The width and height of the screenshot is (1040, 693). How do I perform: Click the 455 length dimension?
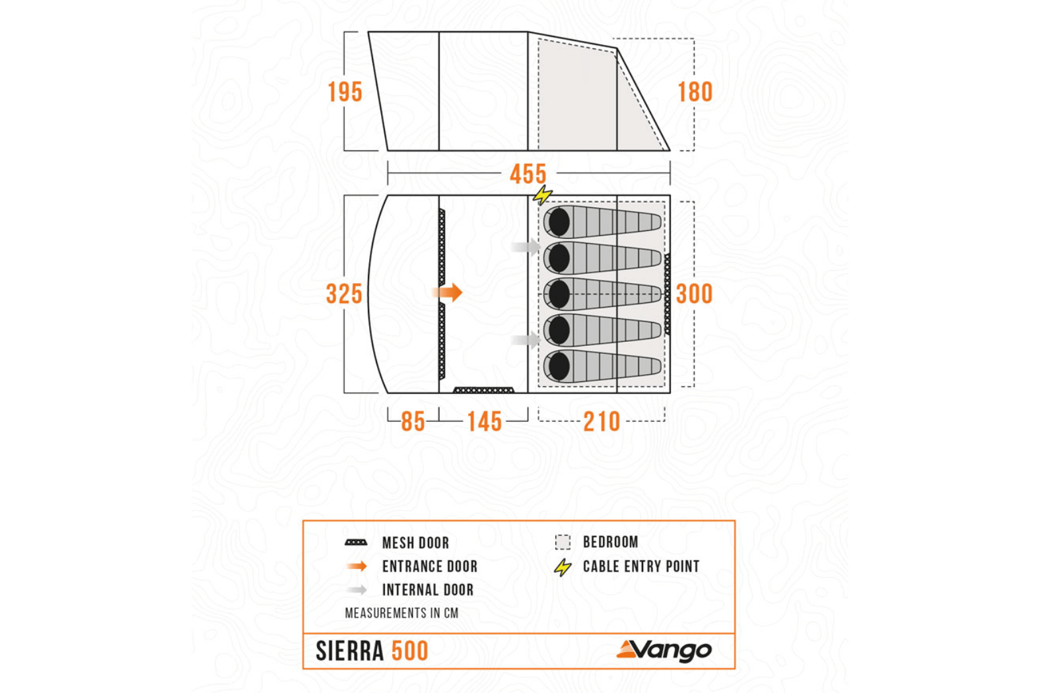click(528, 174)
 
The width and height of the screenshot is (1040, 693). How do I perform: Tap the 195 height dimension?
click(345, 92)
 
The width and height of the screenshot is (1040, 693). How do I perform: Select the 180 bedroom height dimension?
click(695, 92)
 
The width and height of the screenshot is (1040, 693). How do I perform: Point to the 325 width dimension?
click(344, 294)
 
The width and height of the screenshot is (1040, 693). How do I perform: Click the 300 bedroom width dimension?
click(694, 294)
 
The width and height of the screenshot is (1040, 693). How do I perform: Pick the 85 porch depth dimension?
click(413, 422)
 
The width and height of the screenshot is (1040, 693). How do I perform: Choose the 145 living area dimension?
click(484, 422)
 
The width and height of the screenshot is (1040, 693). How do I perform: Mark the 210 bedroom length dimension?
click(602, 422)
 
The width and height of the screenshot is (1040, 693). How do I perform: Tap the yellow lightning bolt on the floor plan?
click(542, 195)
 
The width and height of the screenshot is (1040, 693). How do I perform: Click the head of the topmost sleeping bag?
click(559, 222)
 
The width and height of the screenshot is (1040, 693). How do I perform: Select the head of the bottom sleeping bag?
click(559, 366)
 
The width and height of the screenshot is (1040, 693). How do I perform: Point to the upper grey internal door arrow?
click(526, 246)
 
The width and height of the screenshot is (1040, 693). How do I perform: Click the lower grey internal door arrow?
click(526, 341)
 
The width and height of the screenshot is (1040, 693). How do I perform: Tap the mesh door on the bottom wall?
click(483, 390)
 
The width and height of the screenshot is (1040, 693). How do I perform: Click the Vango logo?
click(664, 650)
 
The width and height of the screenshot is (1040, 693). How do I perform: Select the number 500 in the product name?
click(409, 651)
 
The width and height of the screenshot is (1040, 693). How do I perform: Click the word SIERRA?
click(349, 651)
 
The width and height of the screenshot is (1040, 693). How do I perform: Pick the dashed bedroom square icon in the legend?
click(563, 542)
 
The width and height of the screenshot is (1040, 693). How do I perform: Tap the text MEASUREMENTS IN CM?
click(401, 613)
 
